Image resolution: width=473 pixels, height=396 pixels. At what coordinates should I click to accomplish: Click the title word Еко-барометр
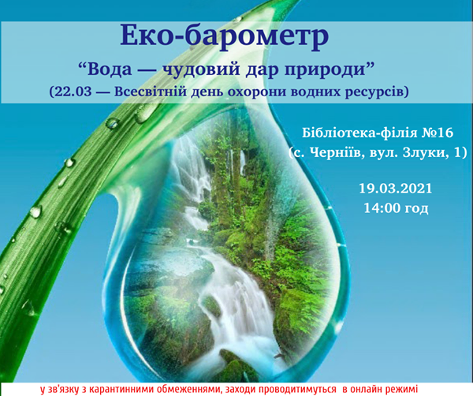click(225, 36)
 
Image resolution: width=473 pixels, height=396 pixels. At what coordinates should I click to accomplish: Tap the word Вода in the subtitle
click(108, 69)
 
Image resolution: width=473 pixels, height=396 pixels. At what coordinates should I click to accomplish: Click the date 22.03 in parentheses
click(73, 92)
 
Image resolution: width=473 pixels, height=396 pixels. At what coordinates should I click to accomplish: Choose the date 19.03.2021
click(396, 189)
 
